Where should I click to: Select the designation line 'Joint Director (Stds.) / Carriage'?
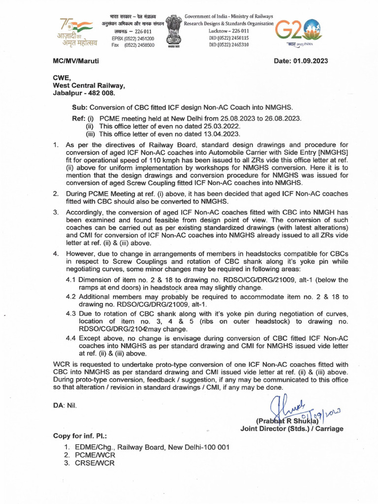[292, 429]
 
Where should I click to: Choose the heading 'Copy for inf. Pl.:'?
[80, 436]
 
